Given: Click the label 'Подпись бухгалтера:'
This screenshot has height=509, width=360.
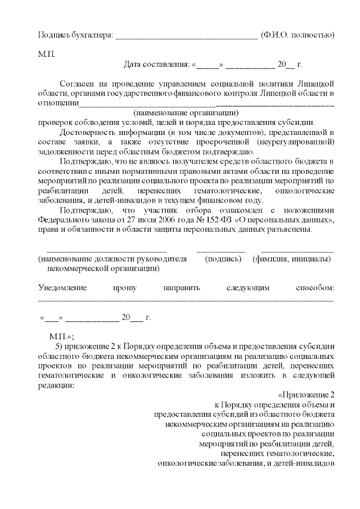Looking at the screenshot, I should (x=75, y=35).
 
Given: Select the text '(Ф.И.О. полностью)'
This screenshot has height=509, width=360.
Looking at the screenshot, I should (x=298, y=35).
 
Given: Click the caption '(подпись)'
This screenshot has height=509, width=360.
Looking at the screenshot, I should (x=223, y=259).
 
